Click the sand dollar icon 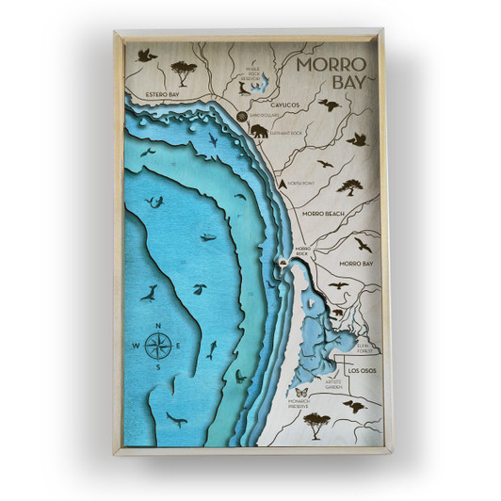click(242, 115)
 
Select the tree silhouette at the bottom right click(315, 421)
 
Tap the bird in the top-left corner click(146, 56)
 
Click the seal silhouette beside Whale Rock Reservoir click(243, 88)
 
